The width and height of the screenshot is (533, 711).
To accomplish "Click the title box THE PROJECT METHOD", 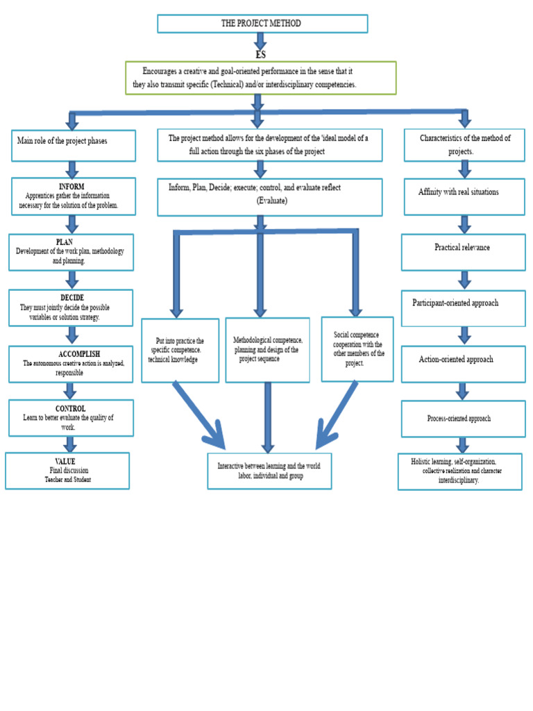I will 262,24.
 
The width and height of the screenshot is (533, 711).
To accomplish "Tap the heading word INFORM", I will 71,187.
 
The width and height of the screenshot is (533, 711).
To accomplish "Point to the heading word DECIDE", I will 72,298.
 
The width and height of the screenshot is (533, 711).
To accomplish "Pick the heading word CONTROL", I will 71,409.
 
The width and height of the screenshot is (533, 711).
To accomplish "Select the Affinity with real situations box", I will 464,196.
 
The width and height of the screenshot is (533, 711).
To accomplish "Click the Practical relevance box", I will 463,251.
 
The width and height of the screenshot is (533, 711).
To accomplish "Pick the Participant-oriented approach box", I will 463,308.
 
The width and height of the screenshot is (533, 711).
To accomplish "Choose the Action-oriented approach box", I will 463,363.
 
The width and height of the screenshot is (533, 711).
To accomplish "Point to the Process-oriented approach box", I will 463,419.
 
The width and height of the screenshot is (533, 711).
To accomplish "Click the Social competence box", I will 357,349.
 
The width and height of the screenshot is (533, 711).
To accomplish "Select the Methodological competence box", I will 267,350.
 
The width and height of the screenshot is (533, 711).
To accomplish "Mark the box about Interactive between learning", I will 269,471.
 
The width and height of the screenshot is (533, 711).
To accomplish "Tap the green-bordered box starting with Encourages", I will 260,78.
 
